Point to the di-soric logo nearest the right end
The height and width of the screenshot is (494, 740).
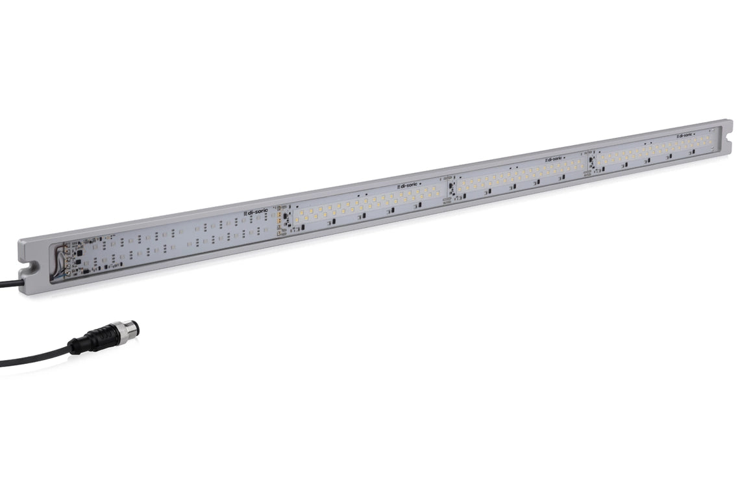point(684,136)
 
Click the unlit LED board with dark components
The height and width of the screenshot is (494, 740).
point(175,240)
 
